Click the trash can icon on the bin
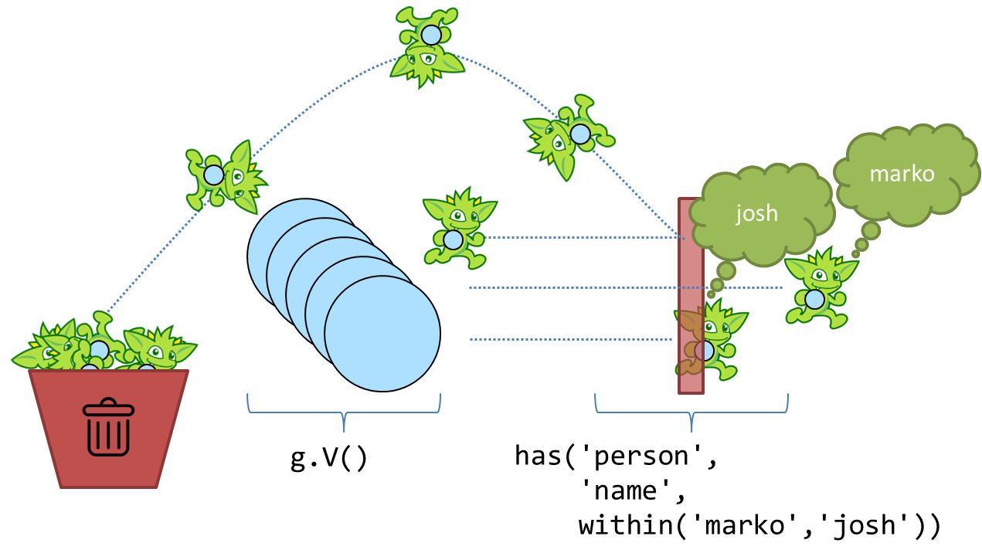click(108, 426)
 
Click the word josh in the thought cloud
click(756, 213)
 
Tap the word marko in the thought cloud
click(902, 174)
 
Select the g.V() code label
click(329, 457)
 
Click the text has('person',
click(617, 456)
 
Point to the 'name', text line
click(631, 490)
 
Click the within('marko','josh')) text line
click(759, 525)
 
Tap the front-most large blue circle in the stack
click(382, 334)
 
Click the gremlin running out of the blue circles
click(457, 228)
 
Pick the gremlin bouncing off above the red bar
click(569, 137)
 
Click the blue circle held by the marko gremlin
click(814, 299)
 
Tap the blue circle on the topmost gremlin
click(430, 36)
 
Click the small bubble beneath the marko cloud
click(871, 230)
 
